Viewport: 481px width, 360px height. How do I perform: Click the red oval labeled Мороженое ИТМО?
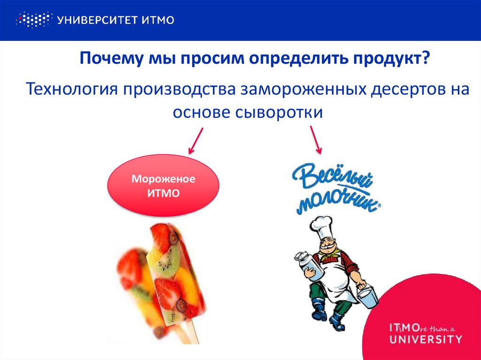(163, 185)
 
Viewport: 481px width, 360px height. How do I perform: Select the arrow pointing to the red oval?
(195, 140)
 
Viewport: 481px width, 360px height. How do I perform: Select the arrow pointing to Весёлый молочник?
(316, 139)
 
